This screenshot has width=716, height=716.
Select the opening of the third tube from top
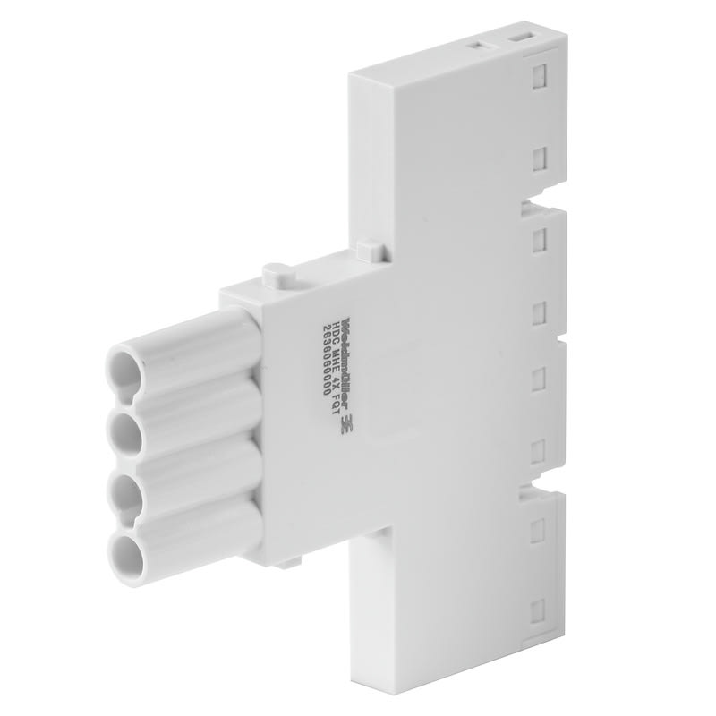pos(124,491)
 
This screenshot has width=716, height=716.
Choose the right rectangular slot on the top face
pos(520,38)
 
